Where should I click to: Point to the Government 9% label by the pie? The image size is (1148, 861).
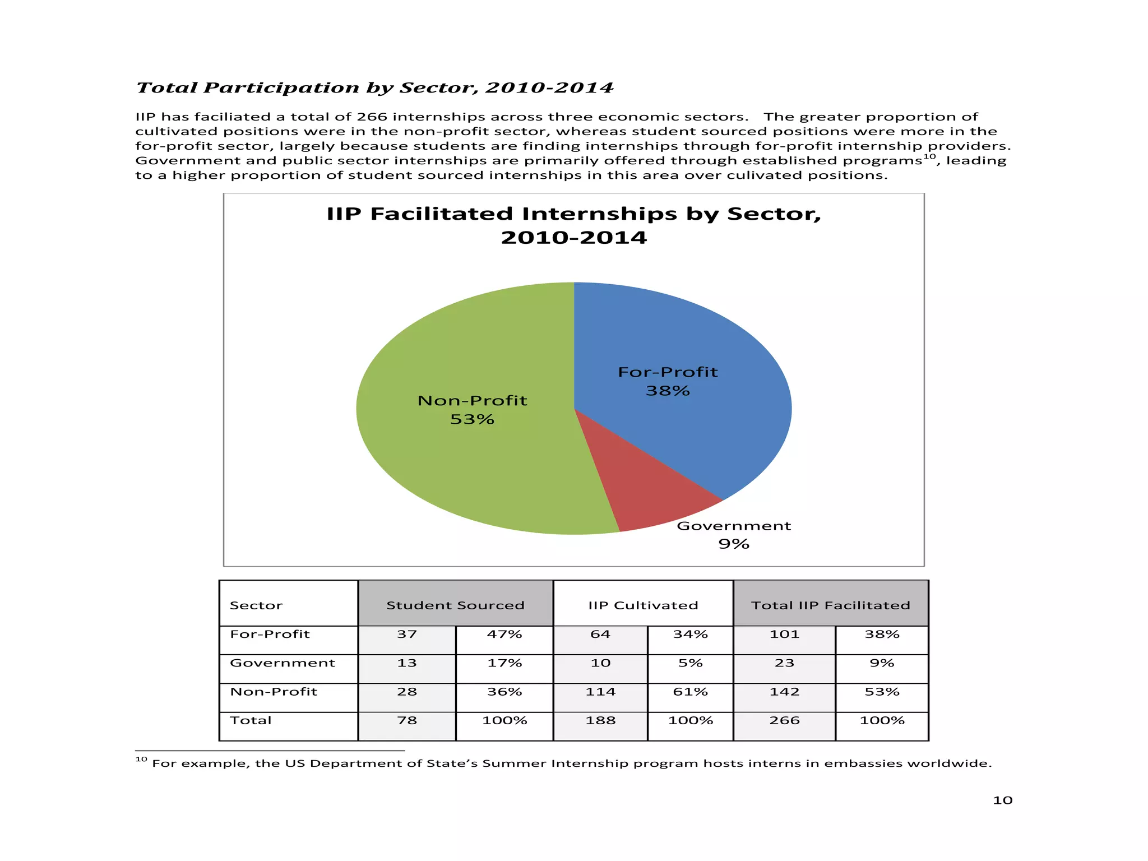[733, 535]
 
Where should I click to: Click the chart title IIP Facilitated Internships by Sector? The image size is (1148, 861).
[573, 225]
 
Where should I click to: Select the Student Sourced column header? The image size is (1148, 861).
[455, 605]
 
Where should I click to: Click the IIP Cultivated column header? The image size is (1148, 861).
[643, 605]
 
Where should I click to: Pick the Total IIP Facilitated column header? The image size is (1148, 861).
[830, 605]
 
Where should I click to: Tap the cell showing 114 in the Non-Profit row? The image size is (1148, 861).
[600, 692]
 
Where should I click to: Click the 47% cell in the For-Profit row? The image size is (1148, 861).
[504, 635]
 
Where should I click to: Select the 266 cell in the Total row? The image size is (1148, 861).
[784, 721]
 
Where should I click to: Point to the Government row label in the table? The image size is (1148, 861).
[283, 663]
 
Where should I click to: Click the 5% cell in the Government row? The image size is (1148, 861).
[690, 664]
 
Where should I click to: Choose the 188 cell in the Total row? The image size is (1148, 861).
[600, 721]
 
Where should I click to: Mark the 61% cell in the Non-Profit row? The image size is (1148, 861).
[690, 692]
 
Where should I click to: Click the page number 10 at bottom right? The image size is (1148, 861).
[1002, 800]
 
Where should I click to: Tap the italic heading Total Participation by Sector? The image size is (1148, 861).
[375, 88]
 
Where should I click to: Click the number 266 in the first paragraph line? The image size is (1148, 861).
[372, 117]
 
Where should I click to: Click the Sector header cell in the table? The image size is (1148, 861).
[256, 605]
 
